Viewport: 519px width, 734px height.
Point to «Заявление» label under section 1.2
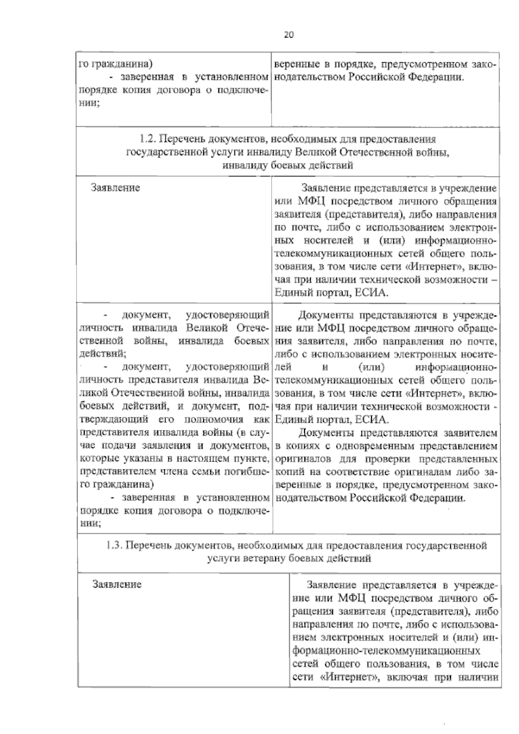click(115, 188)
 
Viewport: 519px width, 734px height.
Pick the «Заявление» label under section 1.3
click(117, 584)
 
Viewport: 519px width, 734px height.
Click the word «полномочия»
click(216, 420)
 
